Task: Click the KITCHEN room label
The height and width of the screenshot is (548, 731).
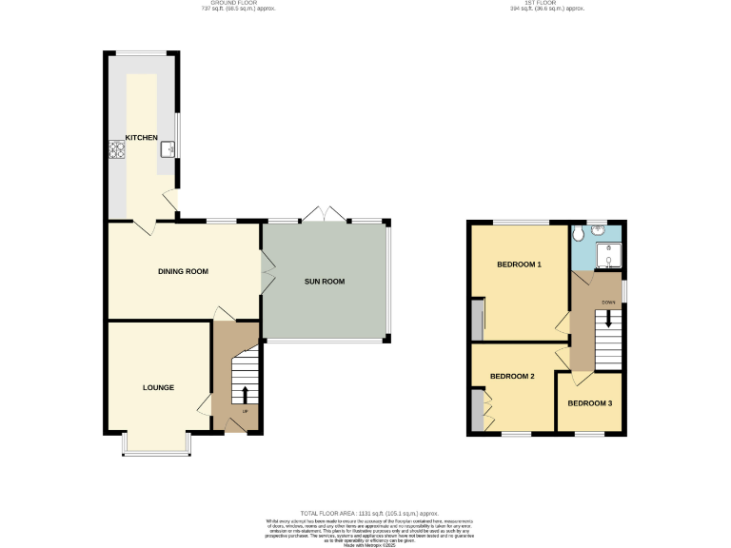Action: coord(142,138)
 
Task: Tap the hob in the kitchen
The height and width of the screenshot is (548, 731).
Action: coord(118,149)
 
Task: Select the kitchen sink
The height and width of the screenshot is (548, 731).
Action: coord(168,147)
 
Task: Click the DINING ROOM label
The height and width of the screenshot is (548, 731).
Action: coord(183,272)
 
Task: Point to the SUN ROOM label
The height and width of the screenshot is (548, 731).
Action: coord(324,282)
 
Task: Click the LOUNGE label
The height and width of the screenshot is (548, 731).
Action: coord(158,387)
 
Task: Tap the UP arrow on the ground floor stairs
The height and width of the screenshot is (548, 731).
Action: coord(245,395)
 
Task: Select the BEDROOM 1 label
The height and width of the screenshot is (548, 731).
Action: coord(519,264)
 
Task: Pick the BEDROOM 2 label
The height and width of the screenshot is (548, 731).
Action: coord(512,377)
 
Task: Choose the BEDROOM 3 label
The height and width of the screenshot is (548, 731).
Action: coord(589,402)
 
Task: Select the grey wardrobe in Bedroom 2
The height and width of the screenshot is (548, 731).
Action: coord(475,408)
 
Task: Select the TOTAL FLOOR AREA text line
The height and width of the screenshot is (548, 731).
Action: coord(365,513)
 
